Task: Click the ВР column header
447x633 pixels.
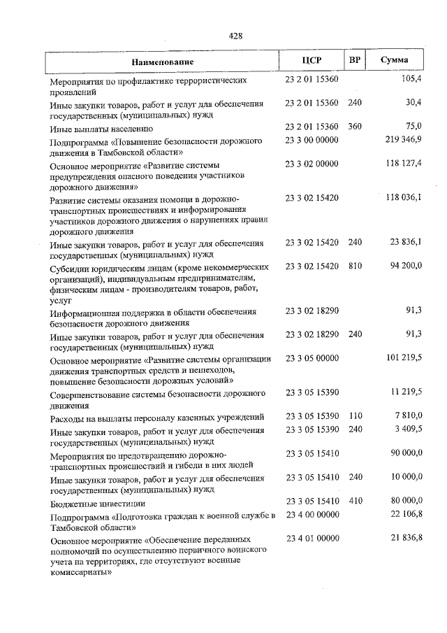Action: click(x=355, y=61)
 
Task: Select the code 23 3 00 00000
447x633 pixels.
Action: click(x=312, y=141)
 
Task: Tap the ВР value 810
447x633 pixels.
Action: click(x=355, y=266)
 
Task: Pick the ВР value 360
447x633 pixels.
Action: click(x=355, y=126)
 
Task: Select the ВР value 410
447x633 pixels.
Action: click(x=355, y=501)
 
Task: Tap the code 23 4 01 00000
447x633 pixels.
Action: click(x=312, y=538)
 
